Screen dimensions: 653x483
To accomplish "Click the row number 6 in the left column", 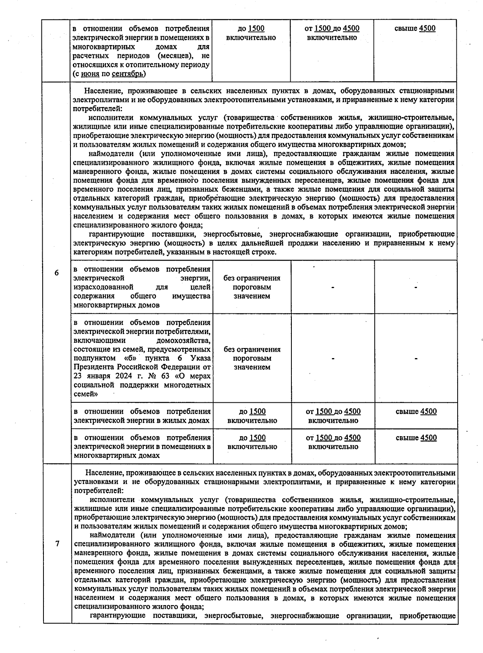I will (56, 273).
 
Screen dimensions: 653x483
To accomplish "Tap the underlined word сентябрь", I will (127, 74).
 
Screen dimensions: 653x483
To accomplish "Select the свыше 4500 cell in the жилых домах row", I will (416, 412).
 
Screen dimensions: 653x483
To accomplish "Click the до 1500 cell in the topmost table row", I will (251, 33).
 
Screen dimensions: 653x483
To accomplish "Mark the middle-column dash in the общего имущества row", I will (333, 287).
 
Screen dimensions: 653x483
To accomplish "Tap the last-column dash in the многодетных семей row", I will (416, 358).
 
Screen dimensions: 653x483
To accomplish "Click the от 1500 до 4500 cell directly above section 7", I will (333, 442).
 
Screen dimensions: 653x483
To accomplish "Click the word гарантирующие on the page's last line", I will (114, 615).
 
